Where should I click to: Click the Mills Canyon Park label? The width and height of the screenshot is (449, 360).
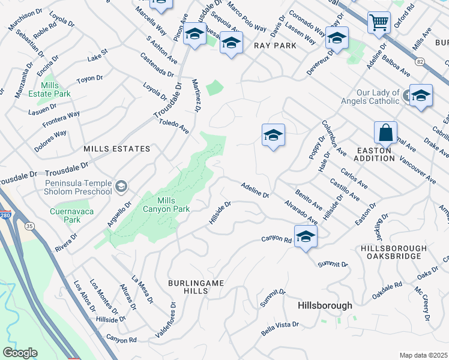tap(166, 205)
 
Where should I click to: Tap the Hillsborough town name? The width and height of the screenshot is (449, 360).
tap(325, 305)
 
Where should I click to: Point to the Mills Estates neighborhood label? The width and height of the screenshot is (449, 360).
tap(116, 148)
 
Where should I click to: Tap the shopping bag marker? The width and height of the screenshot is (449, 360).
tap(385, 132)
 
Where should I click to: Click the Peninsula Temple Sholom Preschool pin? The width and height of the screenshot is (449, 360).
tap(122, 187)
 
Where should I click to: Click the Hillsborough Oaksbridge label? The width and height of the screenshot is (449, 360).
tap(394, 252)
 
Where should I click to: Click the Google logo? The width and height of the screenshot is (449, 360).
tap(20, 353)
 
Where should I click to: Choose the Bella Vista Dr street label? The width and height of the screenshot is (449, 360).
tap(279, 328)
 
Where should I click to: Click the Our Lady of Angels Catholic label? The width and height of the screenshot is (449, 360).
tap(378, 97)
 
